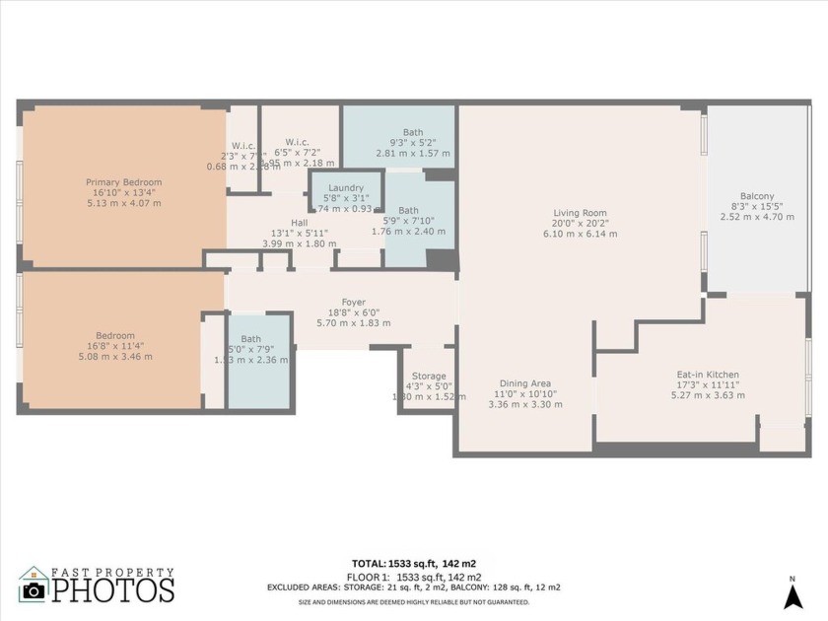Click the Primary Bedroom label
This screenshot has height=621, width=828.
(123, 182)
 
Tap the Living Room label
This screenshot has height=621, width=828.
(580, 213)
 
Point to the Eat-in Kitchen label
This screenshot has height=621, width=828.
(707, 375)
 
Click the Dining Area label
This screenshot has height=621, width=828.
(524, 383)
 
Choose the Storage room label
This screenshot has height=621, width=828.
(429, 377)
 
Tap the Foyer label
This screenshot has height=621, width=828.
(353, 303)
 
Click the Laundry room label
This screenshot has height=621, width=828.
(346, 187)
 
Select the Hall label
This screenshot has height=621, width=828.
(299, 223)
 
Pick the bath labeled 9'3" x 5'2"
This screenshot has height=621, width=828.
(413, 133)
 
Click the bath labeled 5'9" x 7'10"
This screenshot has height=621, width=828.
(408, 210)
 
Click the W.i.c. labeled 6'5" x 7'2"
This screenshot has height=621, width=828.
(299, 141)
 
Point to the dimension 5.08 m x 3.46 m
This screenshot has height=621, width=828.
(116, 357)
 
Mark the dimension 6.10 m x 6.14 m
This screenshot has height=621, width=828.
(580, 235)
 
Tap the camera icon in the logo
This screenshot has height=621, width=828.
(34, 590)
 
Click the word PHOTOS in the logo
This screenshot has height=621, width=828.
(112, 590)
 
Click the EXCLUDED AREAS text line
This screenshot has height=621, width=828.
(413, 587)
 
